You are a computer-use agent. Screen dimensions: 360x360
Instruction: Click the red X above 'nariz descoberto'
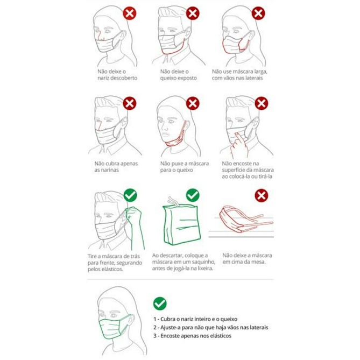130,13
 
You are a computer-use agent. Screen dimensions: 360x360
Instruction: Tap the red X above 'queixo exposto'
193,13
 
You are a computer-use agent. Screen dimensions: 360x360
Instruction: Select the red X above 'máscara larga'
258,13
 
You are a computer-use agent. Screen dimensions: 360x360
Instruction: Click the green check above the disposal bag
193,195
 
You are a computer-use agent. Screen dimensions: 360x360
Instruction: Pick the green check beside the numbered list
160,303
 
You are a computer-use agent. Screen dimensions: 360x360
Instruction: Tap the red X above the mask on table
262,196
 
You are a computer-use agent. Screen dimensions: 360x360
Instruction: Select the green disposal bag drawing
181,222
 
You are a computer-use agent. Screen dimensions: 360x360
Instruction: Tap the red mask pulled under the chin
177,137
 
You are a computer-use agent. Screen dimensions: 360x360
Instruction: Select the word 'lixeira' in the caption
205,268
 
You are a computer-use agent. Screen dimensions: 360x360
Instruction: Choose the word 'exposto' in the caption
187,78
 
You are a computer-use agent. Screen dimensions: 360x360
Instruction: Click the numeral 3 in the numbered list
155,336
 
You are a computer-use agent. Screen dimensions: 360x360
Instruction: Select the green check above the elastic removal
130,195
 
